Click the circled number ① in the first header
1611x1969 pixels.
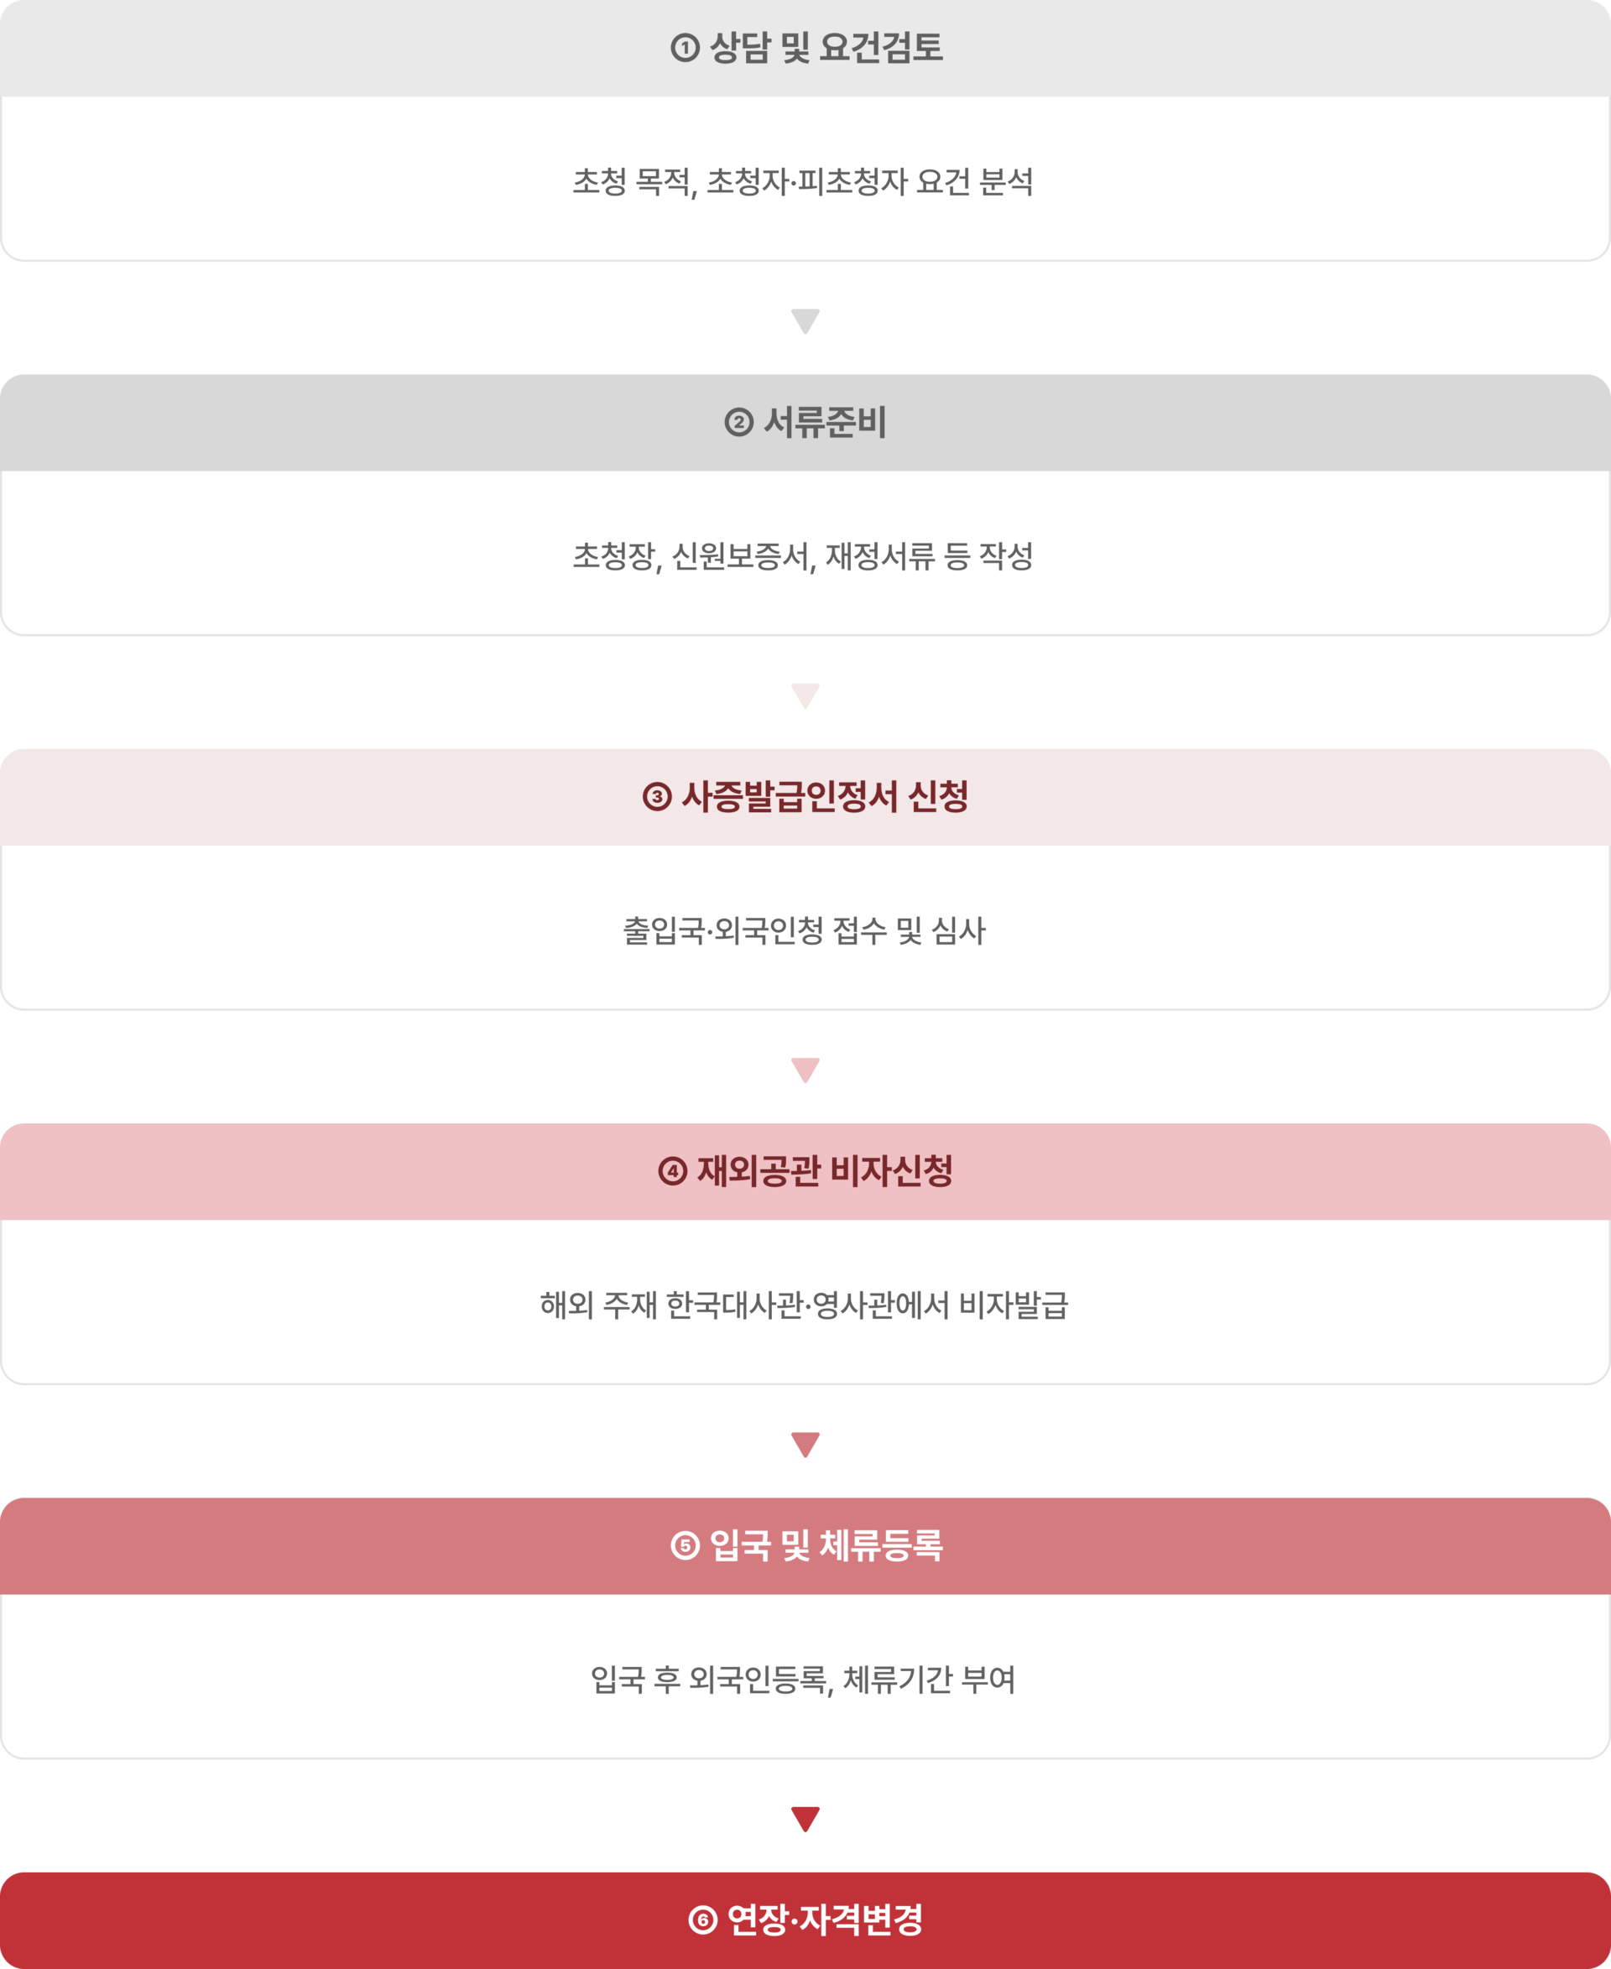coord(685,47)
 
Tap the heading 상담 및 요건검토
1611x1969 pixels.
coord(826,47)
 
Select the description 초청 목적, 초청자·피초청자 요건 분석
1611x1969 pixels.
coord(803,182)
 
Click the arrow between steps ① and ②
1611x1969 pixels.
coord(805,321)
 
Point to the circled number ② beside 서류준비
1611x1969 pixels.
coord(738,422)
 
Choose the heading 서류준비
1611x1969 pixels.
coord(825,422)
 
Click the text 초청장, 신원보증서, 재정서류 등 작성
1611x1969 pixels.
coord(803,557)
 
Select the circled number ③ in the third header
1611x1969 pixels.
coord(657,796)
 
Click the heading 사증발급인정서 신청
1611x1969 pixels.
coord(825,796)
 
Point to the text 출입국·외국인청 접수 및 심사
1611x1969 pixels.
coord(804,930)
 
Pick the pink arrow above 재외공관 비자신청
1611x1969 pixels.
coord(805,1070)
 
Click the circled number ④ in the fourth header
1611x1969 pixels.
coord(673,1171)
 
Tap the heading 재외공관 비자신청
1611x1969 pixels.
coord(825,1171)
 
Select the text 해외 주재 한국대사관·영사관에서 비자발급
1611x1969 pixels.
coord(804,1305)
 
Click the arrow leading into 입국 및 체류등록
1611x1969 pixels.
coord(805,1444)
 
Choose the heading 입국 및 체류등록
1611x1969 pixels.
coord(826,1545)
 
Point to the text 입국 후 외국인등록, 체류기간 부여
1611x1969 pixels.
coord(803,1680)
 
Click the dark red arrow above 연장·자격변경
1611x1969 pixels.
coord(805,1819)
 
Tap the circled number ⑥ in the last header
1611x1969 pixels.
coord(702,1920)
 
